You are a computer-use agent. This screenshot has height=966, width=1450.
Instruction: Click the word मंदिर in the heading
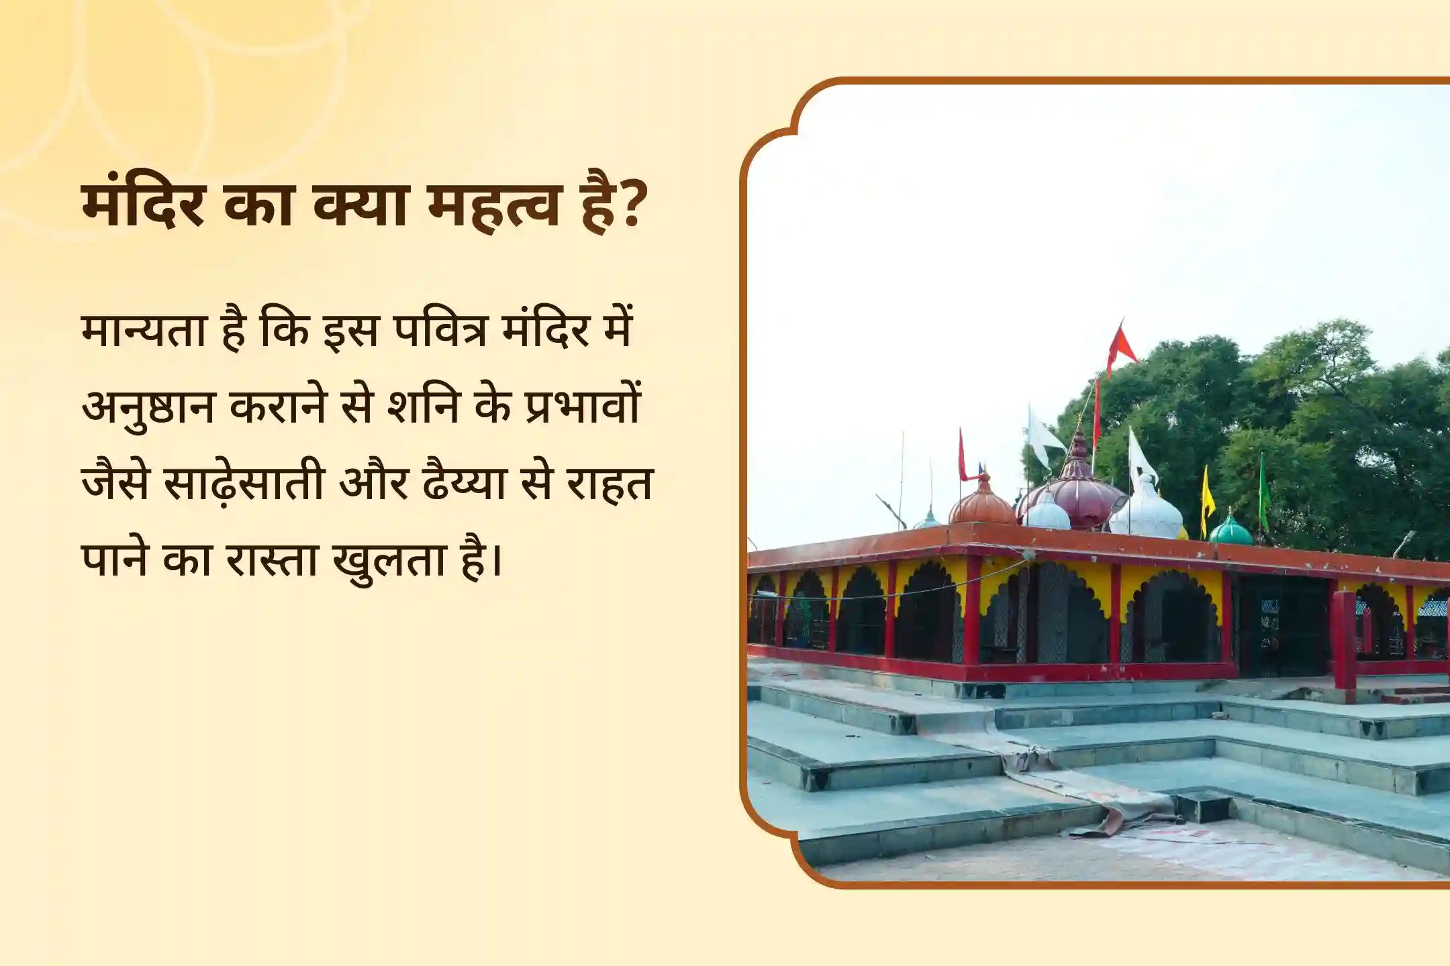pyautogui.click(x=142, y=205)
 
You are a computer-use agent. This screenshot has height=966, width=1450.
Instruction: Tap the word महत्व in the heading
pyautogui.click(x=493, y=205)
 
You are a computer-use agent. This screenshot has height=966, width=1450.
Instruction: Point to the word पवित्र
pyautogui.click(x=440, y=331)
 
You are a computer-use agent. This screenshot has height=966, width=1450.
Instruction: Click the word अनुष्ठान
pyautogui.click(x=147, y=407)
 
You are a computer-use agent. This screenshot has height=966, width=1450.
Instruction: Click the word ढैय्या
pyautogui.click(x=464, y=483)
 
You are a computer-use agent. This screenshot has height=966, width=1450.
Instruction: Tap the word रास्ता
pyautogui.click(x=271, y=559)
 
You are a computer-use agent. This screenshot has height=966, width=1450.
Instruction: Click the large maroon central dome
pyautogui.click(x=1077, y=496)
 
